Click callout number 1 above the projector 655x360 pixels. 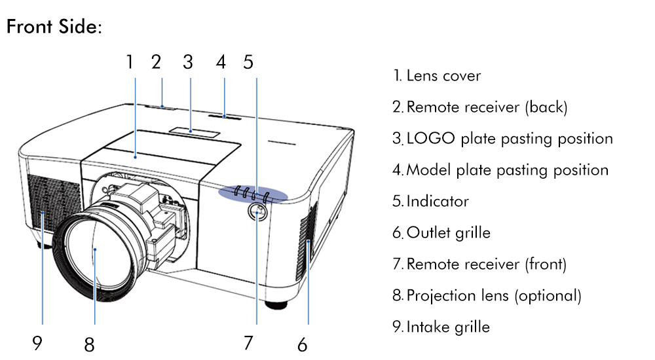click(x=130, y=62)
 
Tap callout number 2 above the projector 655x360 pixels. click(x=156, y=62)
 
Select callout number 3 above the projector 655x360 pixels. click(x=188, y=62)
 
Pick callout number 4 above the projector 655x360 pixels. click(x=221, y=62)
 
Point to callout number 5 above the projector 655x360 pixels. click(x=248, y=62)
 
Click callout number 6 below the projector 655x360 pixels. click(x=302, y=344)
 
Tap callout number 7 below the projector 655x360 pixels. click(x=248, y=342)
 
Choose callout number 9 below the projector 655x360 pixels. click(x=37, y=342)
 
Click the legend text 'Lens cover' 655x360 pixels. click(x=443, y=76)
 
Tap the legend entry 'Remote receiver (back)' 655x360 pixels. click(x=486, y=107)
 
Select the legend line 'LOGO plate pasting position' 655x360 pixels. click(x=509, y=139)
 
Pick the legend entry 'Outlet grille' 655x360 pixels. click(x=448, y=233)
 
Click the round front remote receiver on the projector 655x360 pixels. click(x=257, y=213)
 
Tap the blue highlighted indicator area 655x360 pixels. click(x=253, y=194)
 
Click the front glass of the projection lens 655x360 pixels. click(x=95, y=250)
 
